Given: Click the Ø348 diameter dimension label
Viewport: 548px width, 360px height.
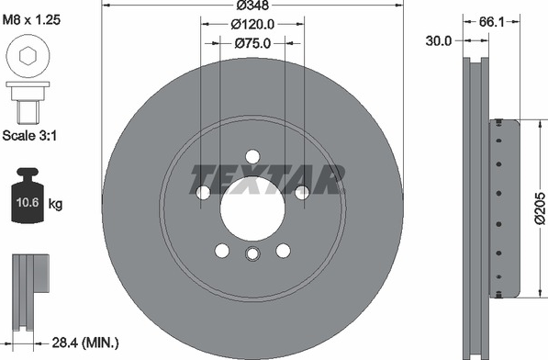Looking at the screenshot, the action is (x=252, y=6).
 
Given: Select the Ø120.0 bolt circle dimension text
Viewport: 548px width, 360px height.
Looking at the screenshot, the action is (x=252, y=24).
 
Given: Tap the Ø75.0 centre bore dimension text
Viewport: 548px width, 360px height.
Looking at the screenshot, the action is (x=252, y=43).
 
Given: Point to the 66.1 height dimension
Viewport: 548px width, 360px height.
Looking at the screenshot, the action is (x=491, y=22).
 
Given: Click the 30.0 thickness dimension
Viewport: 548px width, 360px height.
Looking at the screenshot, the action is (x=439, y=41).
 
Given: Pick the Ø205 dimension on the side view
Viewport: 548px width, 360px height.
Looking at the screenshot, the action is (x=541, y=208).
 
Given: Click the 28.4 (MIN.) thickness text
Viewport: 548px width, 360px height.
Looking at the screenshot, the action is (x=85, y=343).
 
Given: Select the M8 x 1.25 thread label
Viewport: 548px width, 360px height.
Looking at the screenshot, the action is (x=31, y=19).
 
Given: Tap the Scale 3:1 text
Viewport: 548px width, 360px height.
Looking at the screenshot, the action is (x=29, y=135).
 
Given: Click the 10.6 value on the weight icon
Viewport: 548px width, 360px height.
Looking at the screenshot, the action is (x=28, y=202).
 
